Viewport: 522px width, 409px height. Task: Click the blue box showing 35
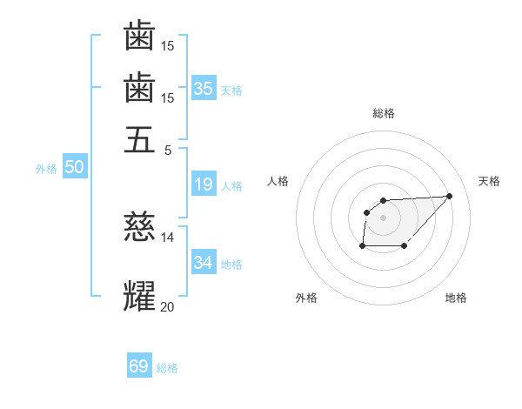click(x=203, y=88)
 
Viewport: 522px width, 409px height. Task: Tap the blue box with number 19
click(x=203, y=184)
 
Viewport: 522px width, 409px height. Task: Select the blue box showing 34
click(x=203, y=262)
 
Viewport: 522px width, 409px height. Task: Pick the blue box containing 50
click(x=73, y=168)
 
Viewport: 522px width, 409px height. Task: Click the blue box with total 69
click(x=139, y=366)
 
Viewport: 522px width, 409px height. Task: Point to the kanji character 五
click(x=139, y=139)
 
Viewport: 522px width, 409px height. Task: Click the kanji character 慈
click(x=139, y=227)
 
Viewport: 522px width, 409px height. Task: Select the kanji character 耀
click(x=139, y=295)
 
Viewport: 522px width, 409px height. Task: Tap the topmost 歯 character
click(x=139, y=37)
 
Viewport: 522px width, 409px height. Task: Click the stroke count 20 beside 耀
click(x=167, y=305)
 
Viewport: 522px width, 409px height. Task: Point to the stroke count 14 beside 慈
click(x=167, y=237)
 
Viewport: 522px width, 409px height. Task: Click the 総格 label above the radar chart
click(x=384, y=113)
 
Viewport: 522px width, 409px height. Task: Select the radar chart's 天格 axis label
click(x=489, y=181)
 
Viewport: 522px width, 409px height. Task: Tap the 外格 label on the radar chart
click(x=306, y=298)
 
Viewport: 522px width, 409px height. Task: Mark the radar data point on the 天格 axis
click(x=449, y=196)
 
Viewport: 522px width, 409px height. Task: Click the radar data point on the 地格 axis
click(x=405, y=246)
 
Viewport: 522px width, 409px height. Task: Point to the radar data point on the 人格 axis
click(x=367, y=211)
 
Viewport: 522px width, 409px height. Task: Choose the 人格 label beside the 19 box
click(x=231, y=185)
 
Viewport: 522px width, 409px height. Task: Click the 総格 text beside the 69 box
click(x=167, y=367)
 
